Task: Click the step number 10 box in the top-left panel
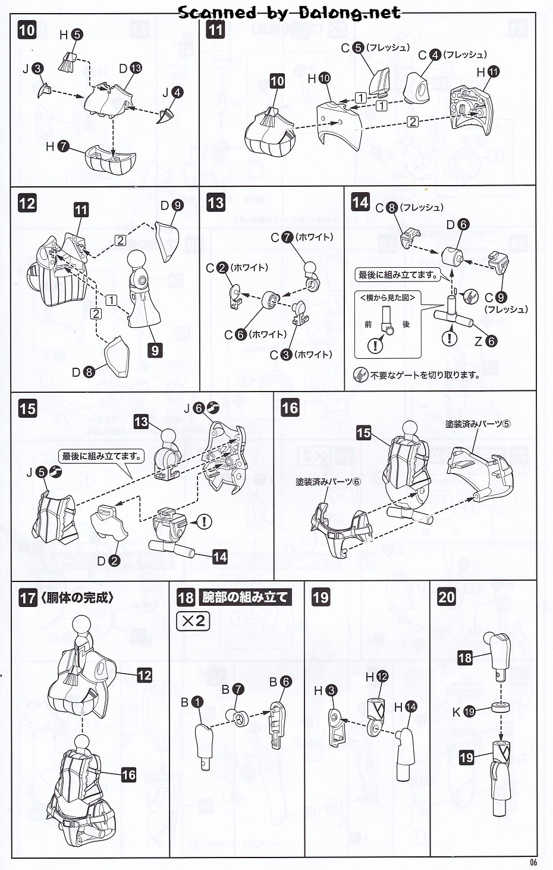pos(27,30)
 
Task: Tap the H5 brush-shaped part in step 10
pos(68,61)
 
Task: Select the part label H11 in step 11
pos(488,72)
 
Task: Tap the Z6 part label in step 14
pos(485,341)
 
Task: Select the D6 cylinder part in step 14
pos(454,258)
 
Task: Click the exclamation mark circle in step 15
pos(204,522)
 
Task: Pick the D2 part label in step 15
pos(108,561)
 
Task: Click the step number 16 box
pos(290,408)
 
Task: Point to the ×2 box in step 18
pos(193,621)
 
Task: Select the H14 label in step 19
pos(403,707)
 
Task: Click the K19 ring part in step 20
pos(502,709)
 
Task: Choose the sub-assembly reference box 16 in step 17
pos(128,775)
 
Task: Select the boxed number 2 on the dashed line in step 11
pos(413,121)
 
